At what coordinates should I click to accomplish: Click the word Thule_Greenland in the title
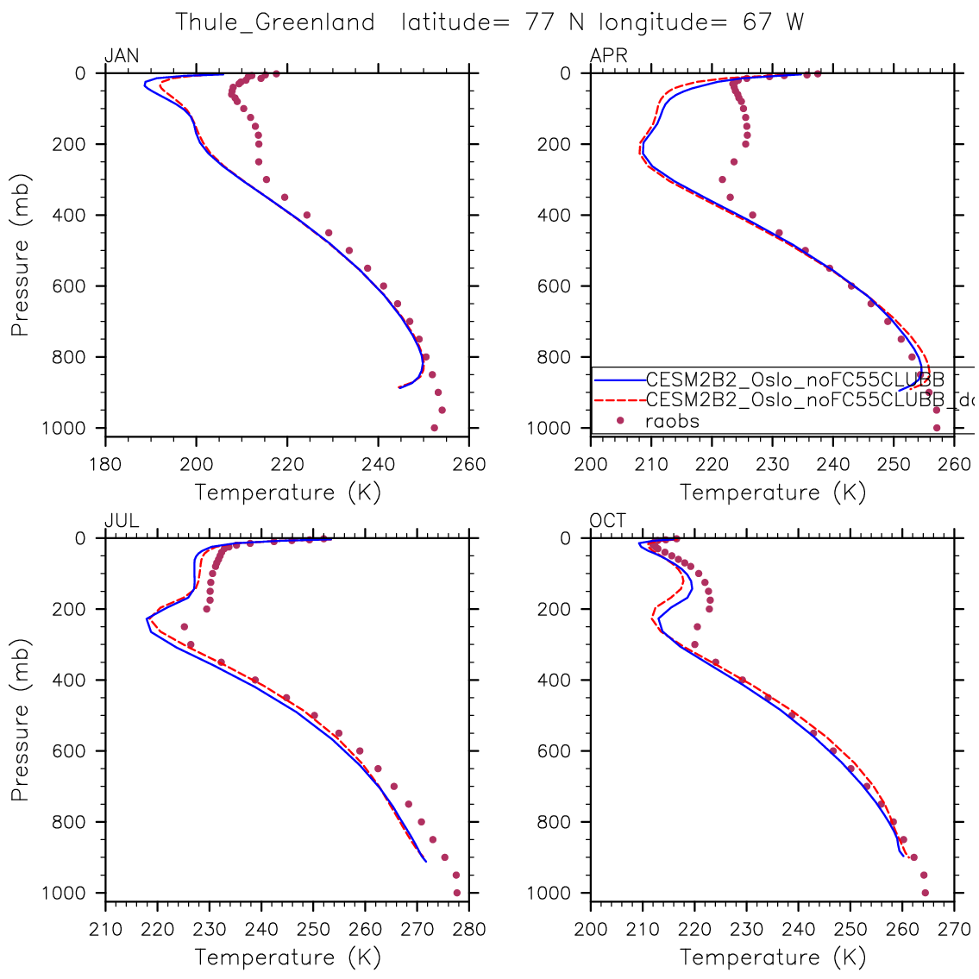(275, 22)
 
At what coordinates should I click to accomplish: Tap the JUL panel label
(122, 521)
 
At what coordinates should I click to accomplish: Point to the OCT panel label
(608, 521)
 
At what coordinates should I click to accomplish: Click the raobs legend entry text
(672, 421)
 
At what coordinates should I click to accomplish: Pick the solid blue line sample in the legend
(618, 379)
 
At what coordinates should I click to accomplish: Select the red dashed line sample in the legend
(618, 399)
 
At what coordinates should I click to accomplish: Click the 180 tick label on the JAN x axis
(106, 465)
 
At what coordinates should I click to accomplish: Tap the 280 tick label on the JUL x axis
(469, 930)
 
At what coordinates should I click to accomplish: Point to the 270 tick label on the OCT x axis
(954, 930)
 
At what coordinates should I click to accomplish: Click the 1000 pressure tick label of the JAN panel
(66, 429)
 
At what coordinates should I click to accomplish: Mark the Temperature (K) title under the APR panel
(773, 493)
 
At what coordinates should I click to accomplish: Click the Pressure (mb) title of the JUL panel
(21, 720)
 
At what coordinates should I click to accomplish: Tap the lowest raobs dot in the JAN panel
(434, 428)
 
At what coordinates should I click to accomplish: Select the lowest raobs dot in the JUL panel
(457, 893)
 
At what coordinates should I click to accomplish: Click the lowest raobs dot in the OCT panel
(926, 893)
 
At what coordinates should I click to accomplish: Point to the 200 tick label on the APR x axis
(591, 465)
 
